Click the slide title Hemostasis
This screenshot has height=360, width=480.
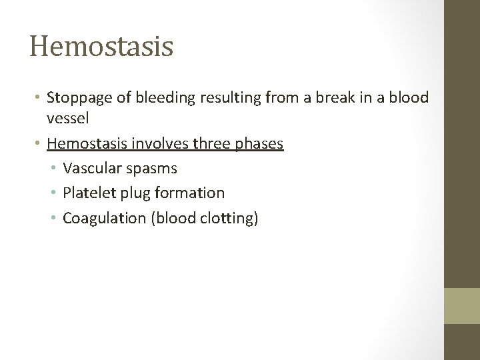(x=101, y=47)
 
